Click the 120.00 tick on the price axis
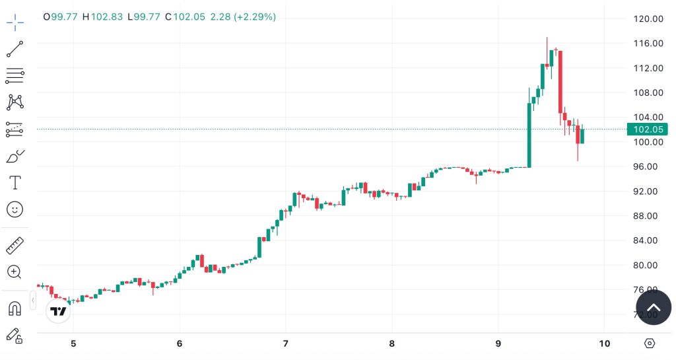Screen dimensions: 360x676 pos(647,18)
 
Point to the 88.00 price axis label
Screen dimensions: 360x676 pos(648,216)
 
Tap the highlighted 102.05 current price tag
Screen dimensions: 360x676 pos(648,129)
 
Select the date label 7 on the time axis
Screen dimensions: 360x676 pos(285,343)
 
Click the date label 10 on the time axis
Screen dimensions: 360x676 pos(603,343)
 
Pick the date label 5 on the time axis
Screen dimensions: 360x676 pos(73,343)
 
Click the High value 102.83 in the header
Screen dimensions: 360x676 pos(107,17)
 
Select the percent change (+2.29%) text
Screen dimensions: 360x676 pos(253,17)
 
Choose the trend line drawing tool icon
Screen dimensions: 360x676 pos(15,49)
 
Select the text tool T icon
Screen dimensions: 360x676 pos(15,182)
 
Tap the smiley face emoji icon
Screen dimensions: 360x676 pos(15,209)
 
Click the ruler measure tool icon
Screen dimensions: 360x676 pos(15,246)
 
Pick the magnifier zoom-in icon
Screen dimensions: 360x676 pos(15,271)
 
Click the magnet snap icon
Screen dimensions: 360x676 pos(15,308)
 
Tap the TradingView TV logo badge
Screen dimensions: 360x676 pos(59,312)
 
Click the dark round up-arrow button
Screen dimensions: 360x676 pos(653,307)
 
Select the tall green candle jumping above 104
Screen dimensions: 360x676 pos(529,135)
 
